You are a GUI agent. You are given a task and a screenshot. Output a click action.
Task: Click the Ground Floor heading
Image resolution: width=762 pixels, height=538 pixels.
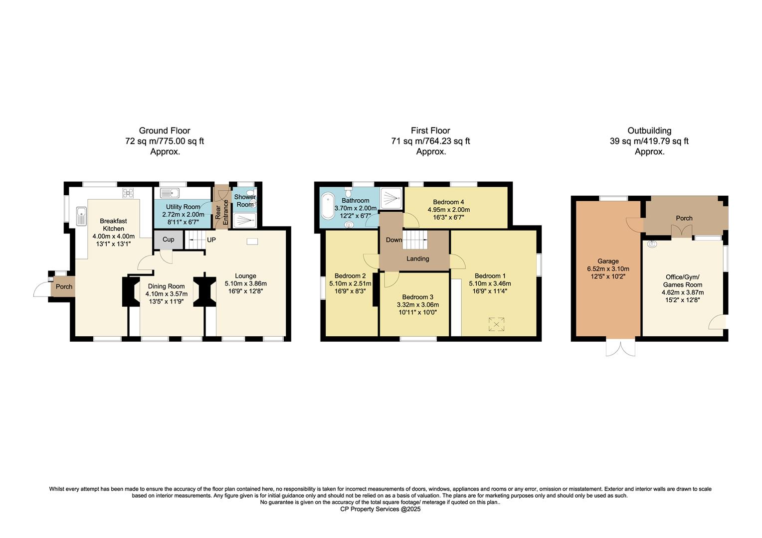point(164,131)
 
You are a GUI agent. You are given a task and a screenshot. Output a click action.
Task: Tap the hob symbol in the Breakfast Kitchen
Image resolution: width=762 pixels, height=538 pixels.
point(128,193)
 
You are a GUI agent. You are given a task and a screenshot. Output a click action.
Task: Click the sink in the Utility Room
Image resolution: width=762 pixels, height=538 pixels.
point(170,193)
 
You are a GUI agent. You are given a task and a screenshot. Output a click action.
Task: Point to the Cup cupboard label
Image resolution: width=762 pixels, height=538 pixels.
point(169,240)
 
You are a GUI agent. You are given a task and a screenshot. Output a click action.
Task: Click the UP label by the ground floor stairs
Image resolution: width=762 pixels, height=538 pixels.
point(211,240)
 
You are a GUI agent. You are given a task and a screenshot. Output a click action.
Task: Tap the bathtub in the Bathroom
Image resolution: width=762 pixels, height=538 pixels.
point(329,206)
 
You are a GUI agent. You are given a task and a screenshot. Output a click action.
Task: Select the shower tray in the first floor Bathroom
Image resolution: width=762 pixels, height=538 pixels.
point(391,198)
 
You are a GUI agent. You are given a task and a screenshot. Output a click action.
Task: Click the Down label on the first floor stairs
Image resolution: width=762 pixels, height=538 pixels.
point(393,240)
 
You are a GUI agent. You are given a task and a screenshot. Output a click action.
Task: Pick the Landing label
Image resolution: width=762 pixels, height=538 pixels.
point(417,259)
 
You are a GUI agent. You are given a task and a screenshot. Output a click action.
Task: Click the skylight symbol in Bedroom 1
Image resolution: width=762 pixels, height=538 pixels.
point(496,325)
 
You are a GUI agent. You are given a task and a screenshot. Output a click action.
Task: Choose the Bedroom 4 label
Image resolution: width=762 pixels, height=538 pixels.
point(448,202)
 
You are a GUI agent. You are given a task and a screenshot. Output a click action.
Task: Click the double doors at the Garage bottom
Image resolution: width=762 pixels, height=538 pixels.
point(621,348)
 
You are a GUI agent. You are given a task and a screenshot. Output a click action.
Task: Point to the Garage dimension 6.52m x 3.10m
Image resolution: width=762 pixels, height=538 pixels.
point(608,269)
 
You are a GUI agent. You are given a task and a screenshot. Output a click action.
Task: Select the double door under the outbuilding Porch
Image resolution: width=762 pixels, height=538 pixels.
point(682,232)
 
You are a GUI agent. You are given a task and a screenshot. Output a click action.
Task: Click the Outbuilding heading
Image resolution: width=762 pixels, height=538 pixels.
point(649,131)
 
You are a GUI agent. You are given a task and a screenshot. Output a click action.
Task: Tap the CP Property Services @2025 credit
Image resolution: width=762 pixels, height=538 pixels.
point(381,509)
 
